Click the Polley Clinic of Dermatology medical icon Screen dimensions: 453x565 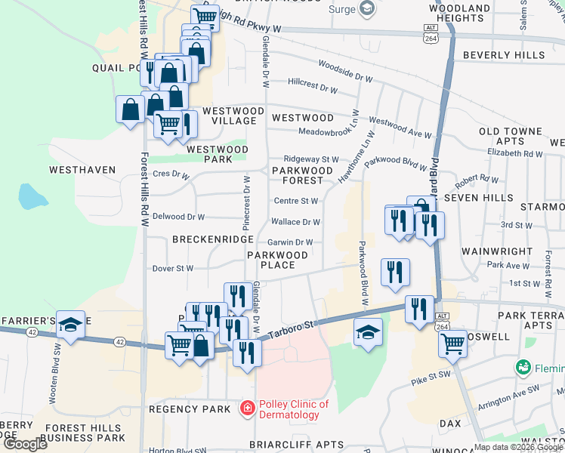click(246, 409)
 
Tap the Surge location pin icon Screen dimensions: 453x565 click(367, 10)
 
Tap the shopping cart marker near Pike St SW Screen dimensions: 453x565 click(452, 344)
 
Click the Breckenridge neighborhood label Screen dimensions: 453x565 click(212, 239)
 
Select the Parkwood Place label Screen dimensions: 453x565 click(278, 260)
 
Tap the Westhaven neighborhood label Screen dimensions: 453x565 click(82, 170)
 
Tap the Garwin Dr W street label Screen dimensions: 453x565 click(291, 242)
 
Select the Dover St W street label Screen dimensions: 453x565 click(174, 268)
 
